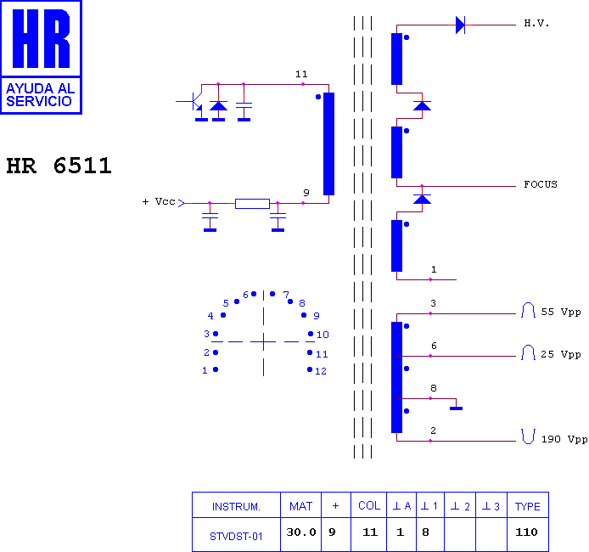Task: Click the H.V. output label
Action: [x=536, y=24]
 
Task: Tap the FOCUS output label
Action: [x=541, y=184]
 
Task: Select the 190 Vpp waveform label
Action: [x=564, y=439]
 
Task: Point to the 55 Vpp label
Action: [x=561, y=312]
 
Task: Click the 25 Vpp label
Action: [x=561, y=354]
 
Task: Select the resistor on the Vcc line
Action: [x=252, y=204]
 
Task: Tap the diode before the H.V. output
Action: [x=460, y=25]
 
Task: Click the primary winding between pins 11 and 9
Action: [x=328, y=144]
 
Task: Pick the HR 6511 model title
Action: [x=59, y=166]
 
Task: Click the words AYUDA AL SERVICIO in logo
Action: [x=40, y=95]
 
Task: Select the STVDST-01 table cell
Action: [x=236, y=536]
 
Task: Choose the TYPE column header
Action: [x=527, y=506]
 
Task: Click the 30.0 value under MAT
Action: [x=301, y=532]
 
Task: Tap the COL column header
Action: [x=369, y=506]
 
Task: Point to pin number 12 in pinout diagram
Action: [x=321, y=371]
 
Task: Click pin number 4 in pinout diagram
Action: [x=210, y=316]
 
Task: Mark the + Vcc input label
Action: [x=159, y=202]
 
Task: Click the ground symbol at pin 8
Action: [x=456, y=408]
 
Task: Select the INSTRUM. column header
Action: [x=236, y=507]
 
